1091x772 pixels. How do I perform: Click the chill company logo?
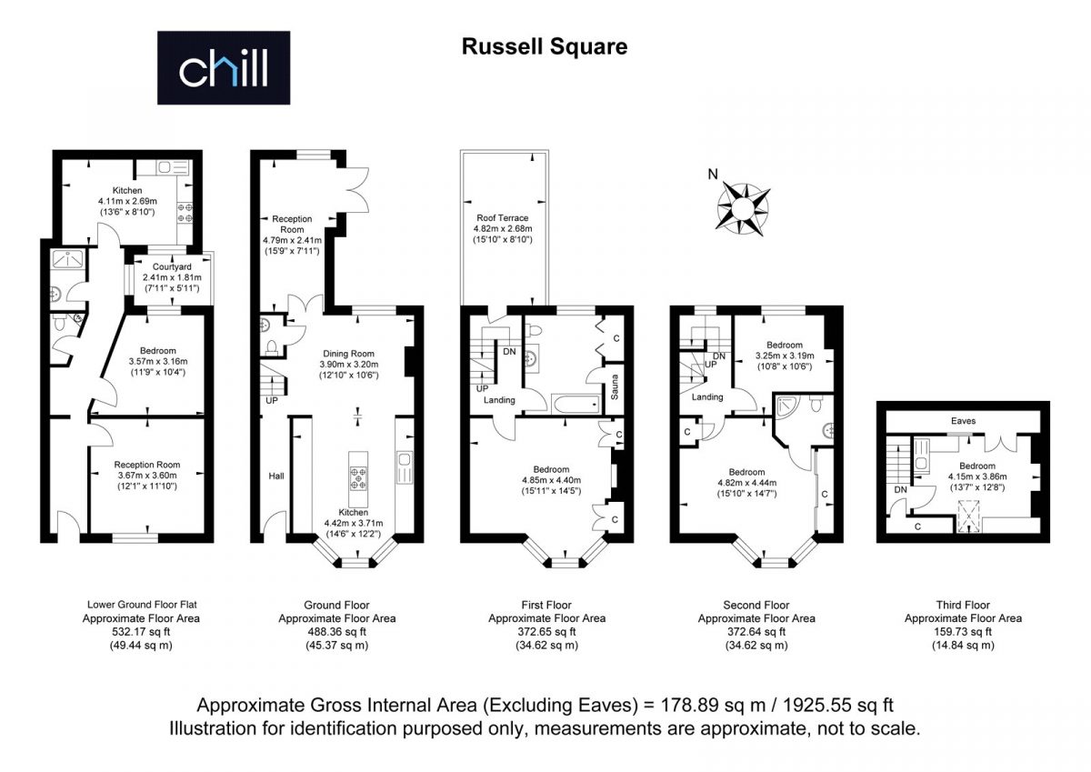click(224, 67)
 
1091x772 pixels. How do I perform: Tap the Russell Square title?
click(545, 46)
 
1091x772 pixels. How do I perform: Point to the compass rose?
click(744, 208)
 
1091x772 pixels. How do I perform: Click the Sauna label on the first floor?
click(615, 387)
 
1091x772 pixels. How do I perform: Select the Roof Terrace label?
click(502, 217)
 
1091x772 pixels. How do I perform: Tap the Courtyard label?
click(172, 267)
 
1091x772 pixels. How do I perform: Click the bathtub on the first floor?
click(576, 404)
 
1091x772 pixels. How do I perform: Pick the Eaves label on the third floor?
click(963, 421)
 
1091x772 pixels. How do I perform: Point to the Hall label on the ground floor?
click(276, 476)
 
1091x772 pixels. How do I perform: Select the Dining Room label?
click(349, 354)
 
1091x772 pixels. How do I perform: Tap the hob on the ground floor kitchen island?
click(358, 477)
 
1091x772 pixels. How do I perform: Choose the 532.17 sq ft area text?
click(141, 632)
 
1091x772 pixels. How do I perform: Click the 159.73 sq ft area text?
click(963, 632)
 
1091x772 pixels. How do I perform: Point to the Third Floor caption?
click(963, 605)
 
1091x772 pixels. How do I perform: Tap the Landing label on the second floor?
click(707, 397)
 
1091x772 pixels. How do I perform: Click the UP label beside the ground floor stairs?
click(272, 400)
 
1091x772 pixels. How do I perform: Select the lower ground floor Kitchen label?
click(127, 190)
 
